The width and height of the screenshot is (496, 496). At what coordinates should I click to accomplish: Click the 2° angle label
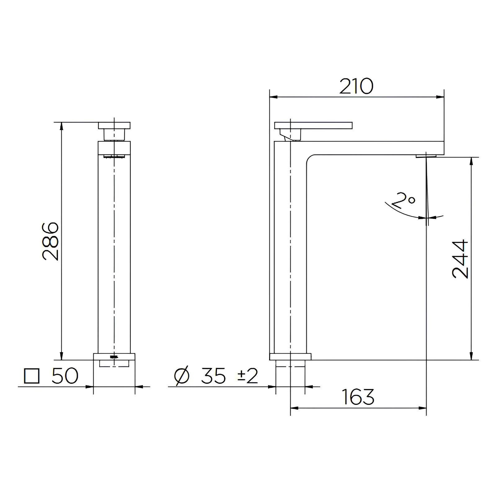403,200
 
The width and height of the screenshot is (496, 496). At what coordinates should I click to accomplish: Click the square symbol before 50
32,376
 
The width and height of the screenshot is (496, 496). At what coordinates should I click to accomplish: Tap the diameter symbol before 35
182,376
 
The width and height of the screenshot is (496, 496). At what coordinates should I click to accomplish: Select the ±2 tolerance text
248,376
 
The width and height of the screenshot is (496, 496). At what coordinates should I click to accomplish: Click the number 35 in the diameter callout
213,376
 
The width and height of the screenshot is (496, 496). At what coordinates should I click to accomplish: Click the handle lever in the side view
313,125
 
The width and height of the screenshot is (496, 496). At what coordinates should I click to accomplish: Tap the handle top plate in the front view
114,125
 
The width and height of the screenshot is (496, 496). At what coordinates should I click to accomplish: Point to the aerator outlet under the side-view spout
426,156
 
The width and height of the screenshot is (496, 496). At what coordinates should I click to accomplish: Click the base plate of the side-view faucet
290,356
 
